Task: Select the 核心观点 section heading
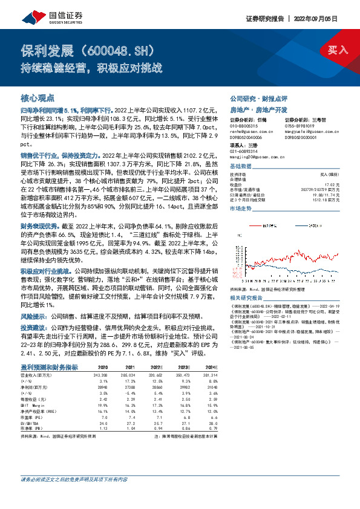(x=38, y=98)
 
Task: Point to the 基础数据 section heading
(x=241, y=166)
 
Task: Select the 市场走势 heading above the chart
(x=241, y=208)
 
